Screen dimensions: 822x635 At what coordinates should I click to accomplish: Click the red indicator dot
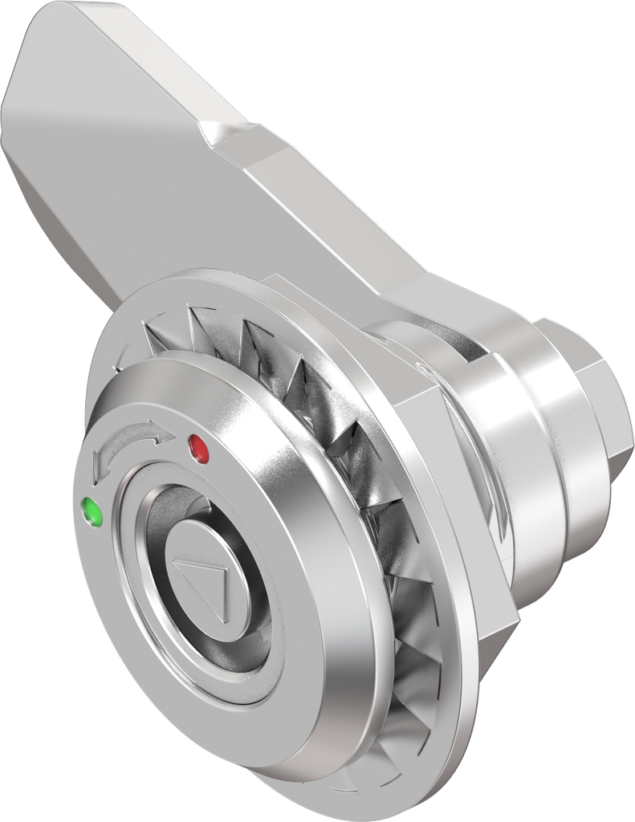(x=197, y=447)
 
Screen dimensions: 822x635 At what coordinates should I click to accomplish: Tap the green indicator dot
(x=93, y=511)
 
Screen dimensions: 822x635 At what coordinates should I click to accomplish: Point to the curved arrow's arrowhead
(x=165, y=434)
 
